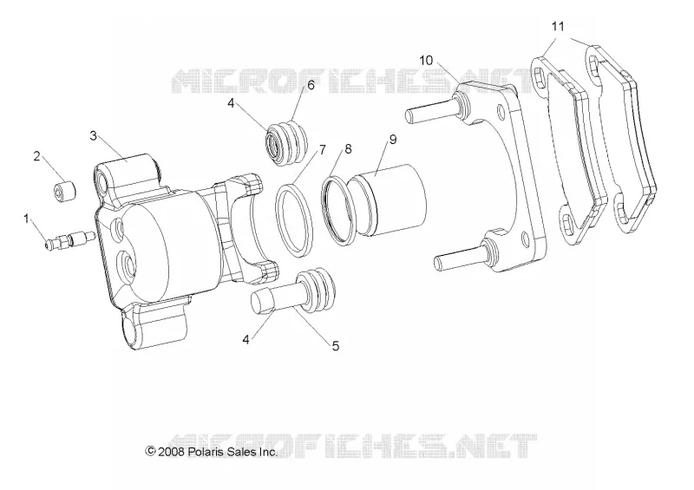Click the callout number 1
point(27,219)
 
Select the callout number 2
point(36,156)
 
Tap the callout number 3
point(93,135)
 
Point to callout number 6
point(311,84)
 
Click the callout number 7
point(322,150)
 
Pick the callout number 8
point(348,149)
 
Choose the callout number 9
point(393,139)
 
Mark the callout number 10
point(426,60)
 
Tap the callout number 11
point(558,27)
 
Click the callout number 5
point(336,346)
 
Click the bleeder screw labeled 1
point(69,240)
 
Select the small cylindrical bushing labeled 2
point(63,191)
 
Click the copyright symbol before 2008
point(150,452)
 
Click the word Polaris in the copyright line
point(203,452)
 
